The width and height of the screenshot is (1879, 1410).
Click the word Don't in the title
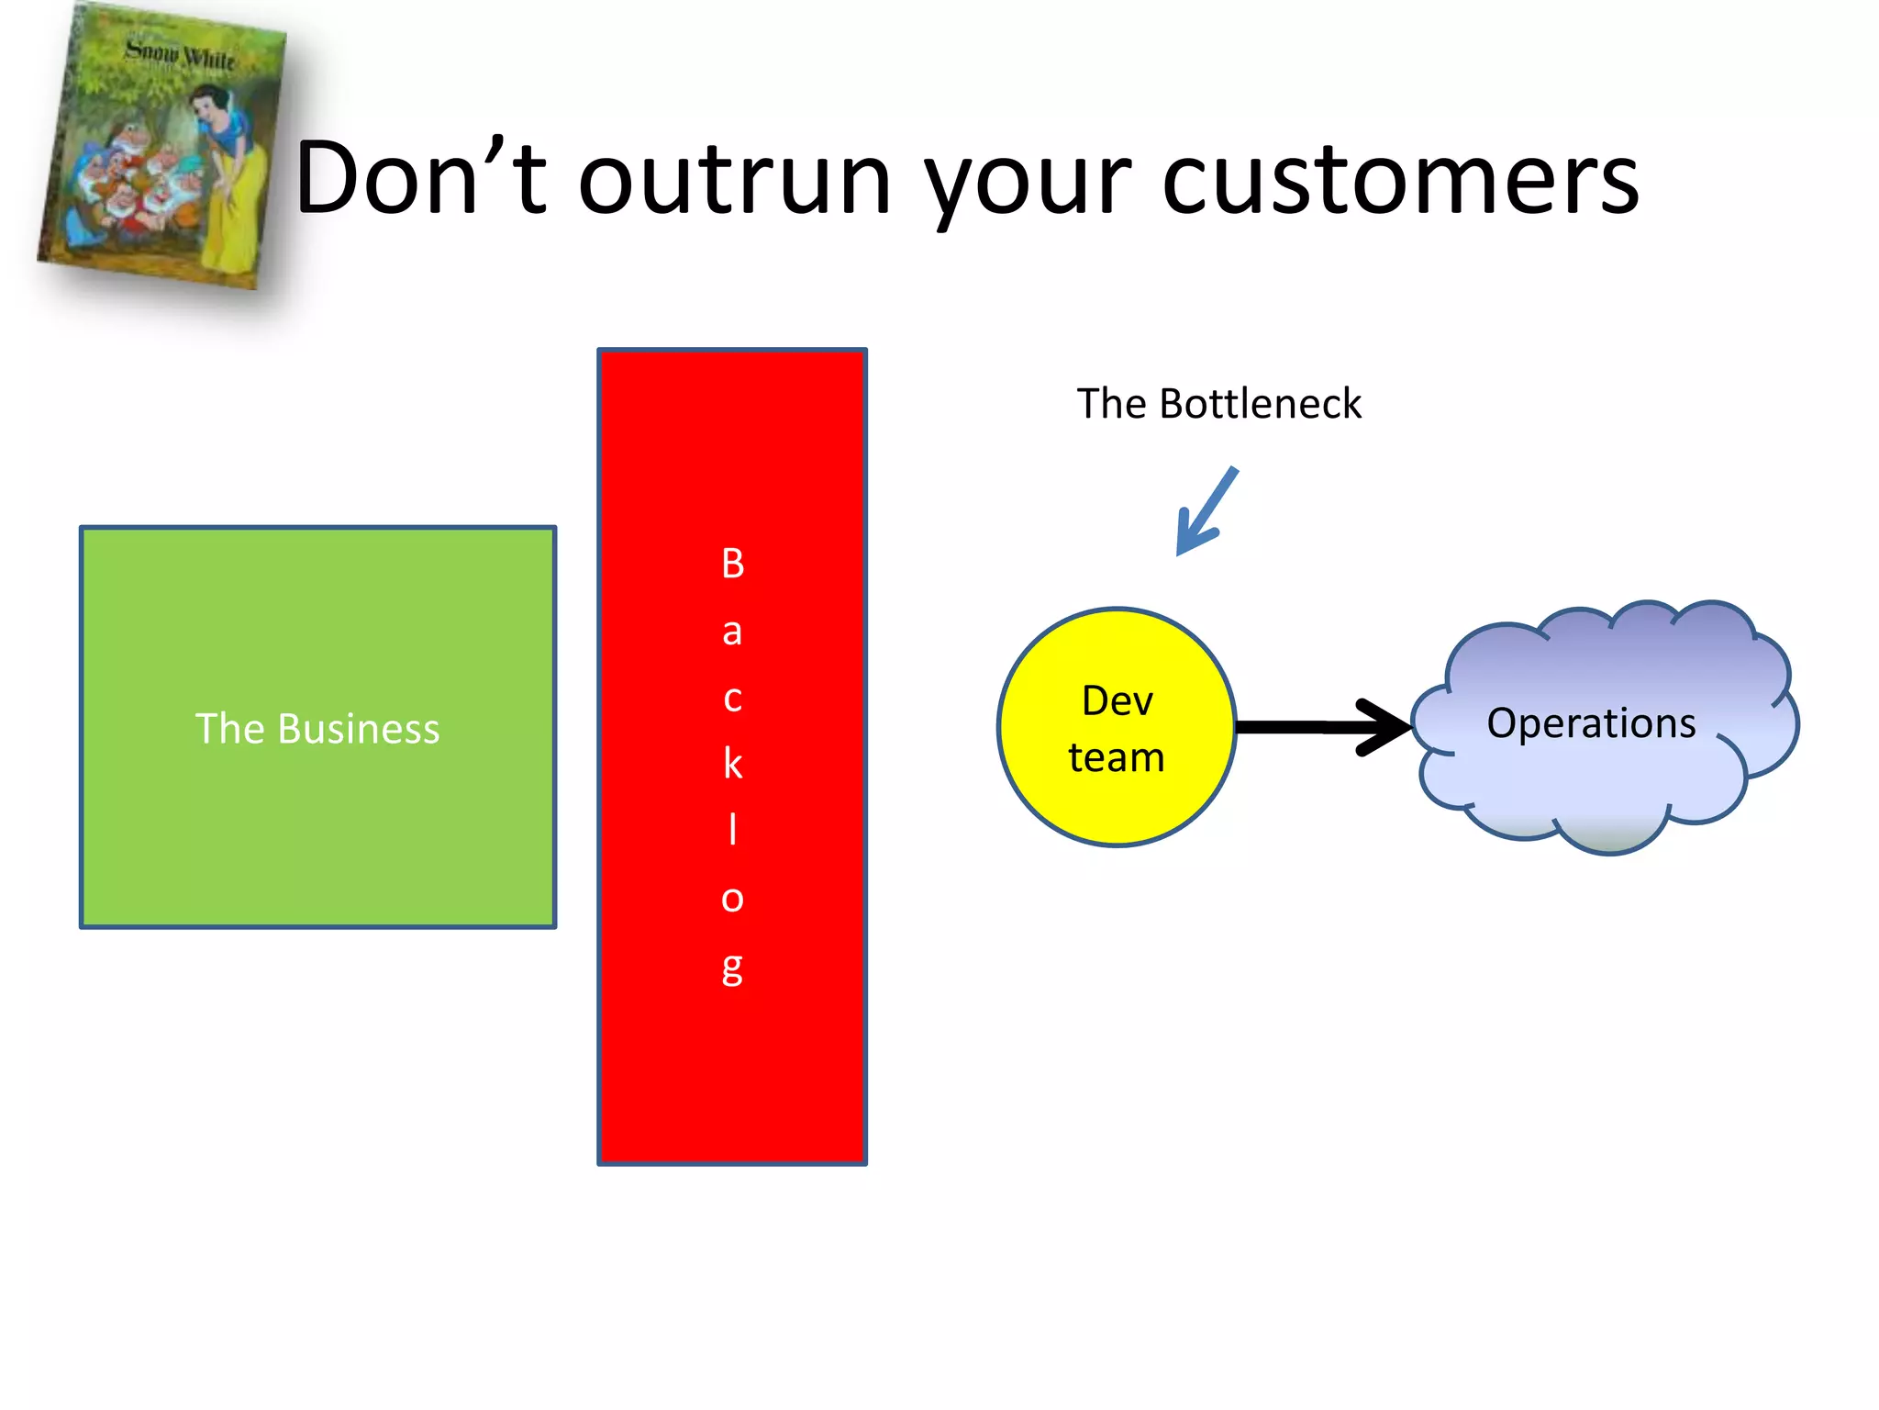click(420, 178)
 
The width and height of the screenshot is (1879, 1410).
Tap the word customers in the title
click(1400, 180)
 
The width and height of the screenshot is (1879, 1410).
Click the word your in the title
click(1028, 184)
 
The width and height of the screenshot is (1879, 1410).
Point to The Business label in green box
click(317, 728)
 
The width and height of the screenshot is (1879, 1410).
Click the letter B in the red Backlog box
click(732, 564)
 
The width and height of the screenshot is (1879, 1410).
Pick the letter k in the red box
click(732, 764)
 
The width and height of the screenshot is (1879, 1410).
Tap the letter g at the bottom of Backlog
click(732, 968)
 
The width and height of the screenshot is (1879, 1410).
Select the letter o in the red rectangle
click(732, 898)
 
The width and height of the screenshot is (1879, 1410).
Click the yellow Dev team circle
click(1116, 808)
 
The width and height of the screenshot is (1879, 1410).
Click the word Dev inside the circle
click(1117, 700)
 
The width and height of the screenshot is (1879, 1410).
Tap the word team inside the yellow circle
click(1117, 758)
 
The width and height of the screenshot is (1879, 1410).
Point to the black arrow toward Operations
click(1321, 727)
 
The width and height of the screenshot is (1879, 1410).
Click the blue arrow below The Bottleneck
click(1206, 512)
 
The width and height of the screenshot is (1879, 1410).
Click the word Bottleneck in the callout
click(1260, 404)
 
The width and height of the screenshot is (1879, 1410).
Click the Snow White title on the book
click(180, 54)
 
